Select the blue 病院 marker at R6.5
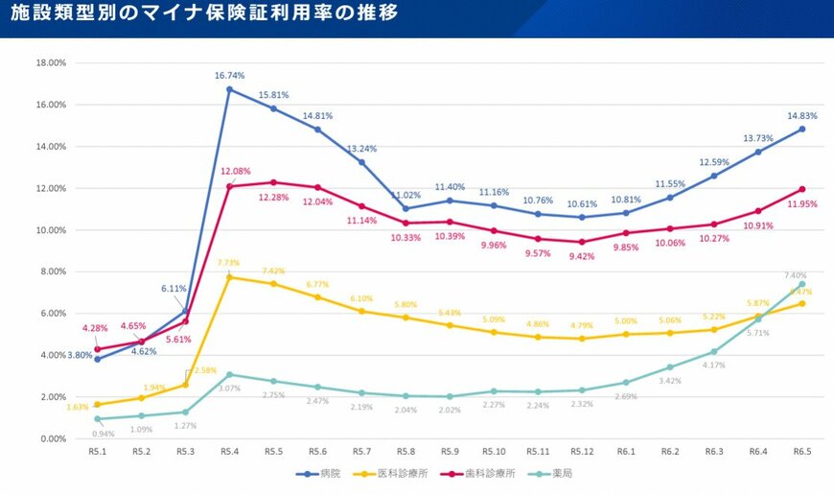pos(801,129)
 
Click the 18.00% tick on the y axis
pos(50,63)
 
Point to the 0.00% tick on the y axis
pos(52,438)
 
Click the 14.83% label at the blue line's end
pos(801,116)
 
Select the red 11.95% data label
pos(803,204)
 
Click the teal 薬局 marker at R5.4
pos(230,374)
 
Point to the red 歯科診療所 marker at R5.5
pos(274,182)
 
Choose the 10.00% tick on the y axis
pos(50,230)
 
